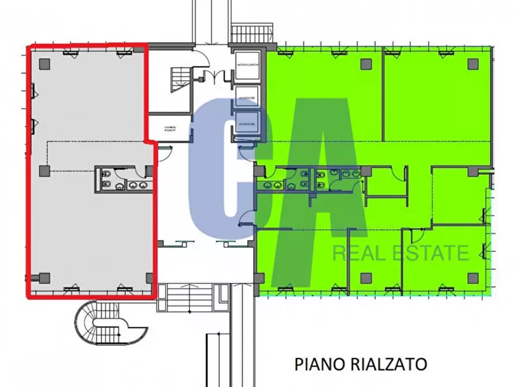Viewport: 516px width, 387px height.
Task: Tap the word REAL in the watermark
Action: (x=356, y=252)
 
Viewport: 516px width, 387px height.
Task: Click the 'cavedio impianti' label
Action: (x=169, y=128)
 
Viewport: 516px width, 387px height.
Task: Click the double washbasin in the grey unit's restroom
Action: (x=136, y=185)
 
